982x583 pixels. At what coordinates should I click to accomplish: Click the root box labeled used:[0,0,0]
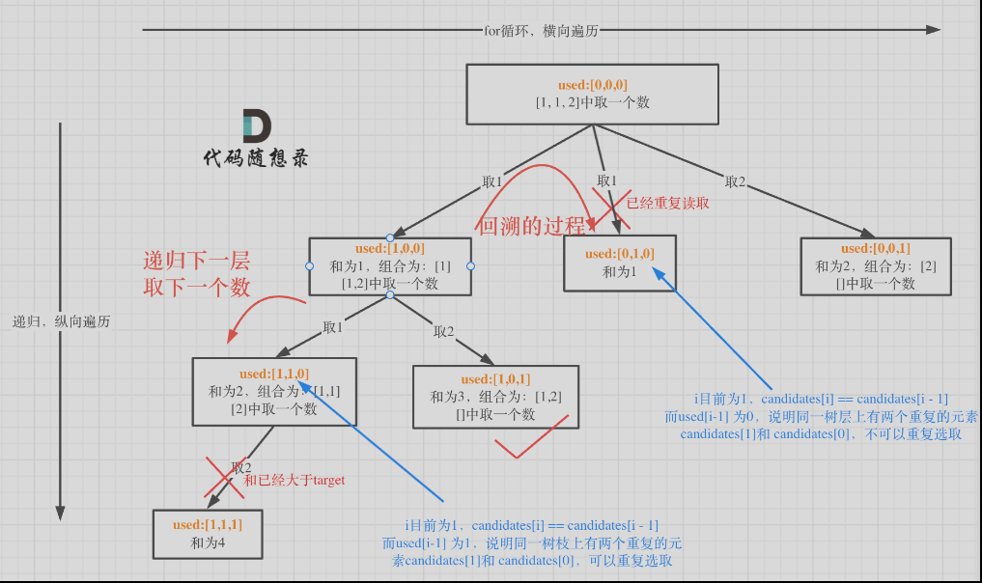click(592, 95)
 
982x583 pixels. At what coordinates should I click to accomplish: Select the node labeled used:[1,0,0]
click(390, 265)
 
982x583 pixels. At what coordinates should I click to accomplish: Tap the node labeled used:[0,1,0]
click(620, 263)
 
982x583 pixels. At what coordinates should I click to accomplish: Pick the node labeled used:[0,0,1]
click(876, 265)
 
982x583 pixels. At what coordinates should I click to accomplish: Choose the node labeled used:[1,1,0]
click(274, 391)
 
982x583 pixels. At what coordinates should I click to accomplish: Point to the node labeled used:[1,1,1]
click(208, 534)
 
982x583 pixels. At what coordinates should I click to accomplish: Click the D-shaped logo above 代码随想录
click(256, 126)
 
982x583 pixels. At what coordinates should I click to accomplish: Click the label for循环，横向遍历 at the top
click(541, 30)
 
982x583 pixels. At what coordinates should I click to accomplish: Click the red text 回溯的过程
click(531, 228)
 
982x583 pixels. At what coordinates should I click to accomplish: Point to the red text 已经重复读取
click(668, 204)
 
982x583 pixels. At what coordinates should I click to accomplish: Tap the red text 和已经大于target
click(294, 480)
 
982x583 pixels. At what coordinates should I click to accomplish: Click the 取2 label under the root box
click(736, 181)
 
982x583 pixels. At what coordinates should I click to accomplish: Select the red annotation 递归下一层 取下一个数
click(196, 273)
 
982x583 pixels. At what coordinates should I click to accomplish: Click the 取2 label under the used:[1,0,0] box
click(443, 331)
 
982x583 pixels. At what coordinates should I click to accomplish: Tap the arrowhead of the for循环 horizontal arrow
click(933, 30)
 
